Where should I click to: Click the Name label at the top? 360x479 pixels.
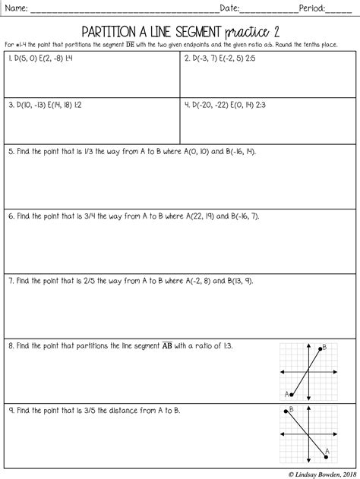(x=16, y=9)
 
